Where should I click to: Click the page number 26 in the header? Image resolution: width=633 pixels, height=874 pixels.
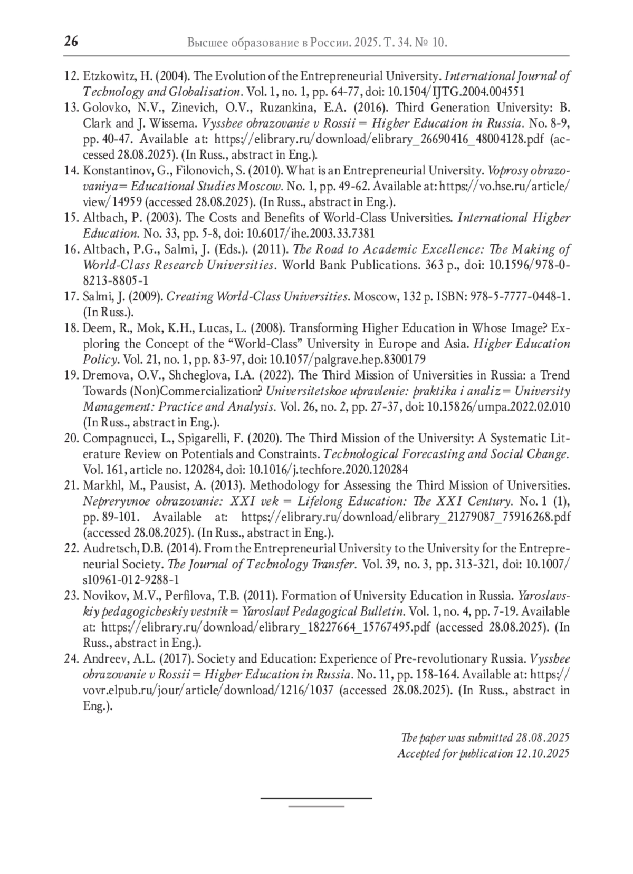click(71, 41)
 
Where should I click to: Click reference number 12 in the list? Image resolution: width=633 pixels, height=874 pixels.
click(71, 76)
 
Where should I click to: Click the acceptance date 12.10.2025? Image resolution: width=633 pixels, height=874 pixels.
click(542, 753)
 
